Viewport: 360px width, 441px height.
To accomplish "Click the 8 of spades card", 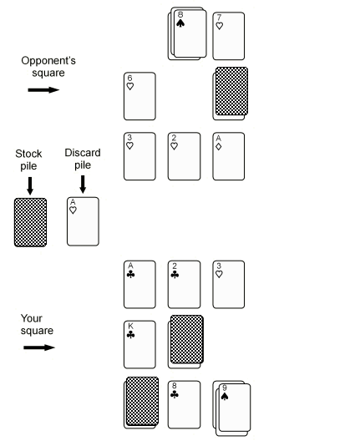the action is click(x=190, y=33).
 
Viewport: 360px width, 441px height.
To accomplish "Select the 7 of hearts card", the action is click(x=228, y=36).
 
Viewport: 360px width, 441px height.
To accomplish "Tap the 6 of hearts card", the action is click(x=139, y=96).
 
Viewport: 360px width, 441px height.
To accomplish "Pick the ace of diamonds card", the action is click(x=228, y=156).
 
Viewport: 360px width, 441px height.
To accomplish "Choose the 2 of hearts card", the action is click(x=185, y=156).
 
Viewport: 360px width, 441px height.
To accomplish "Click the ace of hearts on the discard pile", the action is click(x=83, y=221).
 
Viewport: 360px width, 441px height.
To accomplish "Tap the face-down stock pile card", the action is click(x=30, y=222).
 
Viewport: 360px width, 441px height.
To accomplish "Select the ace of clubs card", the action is click(x=139, y=284).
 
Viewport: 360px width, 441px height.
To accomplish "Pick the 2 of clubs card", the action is click(x=185, y=284).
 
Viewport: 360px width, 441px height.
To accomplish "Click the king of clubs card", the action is click(x=139, y=344).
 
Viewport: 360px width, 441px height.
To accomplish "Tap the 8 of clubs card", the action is click(x=185, y=405).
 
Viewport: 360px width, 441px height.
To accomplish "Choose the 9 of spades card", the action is click(x=235, y=408).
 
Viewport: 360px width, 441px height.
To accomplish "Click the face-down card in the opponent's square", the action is click(x=231, y=91).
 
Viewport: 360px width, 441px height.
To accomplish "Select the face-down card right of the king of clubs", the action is click(x=187, y=339).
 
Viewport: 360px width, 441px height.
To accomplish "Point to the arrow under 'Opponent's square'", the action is click(x=43, y=90).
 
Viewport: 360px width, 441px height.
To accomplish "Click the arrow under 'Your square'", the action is click(x=39, y=347).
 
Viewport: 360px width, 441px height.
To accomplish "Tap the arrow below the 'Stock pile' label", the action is click(x=30, y=186).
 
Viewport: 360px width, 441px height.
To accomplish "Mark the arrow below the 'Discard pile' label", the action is click(x=83, y=185).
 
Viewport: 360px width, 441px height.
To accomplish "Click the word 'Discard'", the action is click(x=83, y=153).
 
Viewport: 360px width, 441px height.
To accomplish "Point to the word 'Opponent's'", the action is click(x=48, y=61).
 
